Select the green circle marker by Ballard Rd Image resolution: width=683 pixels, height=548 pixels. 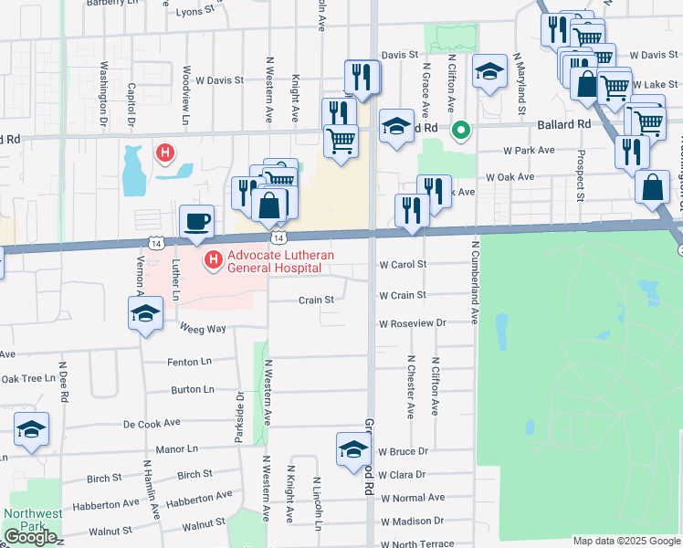coord(462,130)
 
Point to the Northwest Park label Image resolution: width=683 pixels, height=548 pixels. coord(32,520)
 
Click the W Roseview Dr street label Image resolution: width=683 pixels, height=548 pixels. coord(413,323)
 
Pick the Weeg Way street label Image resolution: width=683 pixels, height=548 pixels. coord(203,329)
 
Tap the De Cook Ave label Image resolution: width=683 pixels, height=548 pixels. coord(152,424)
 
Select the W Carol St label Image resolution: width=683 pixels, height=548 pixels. coord(403,265)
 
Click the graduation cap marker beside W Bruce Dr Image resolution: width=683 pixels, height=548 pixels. coord(353,449)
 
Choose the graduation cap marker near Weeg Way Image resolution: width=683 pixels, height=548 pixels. coord(144,315)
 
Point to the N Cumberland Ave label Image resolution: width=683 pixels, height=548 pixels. coord(475,282)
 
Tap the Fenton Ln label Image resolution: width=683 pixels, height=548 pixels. coord(189,363)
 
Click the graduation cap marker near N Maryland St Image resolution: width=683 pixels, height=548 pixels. coord(489,72)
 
